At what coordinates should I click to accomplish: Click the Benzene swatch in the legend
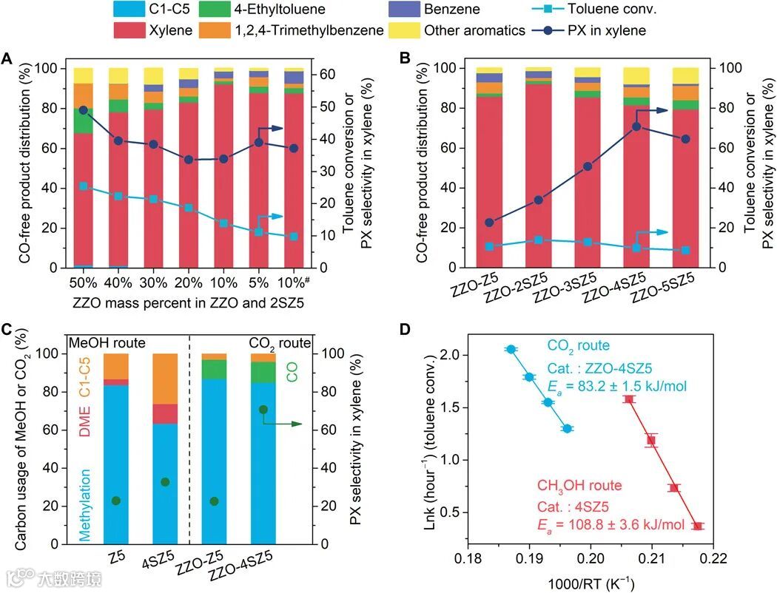[x=405, y=10]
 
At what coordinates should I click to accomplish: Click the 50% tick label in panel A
[x=83, y=282]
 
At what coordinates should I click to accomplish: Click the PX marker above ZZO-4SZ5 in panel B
[x=636, y=126]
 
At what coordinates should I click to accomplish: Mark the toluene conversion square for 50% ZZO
[x=83, y=186]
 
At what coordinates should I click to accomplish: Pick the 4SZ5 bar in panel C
[x=165, y=449]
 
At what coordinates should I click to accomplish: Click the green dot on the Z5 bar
[x=115, y=501]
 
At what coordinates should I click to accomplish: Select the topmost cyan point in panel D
[x=511, y=349]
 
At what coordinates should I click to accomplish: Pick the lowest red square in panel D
[x=698, y=526]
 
